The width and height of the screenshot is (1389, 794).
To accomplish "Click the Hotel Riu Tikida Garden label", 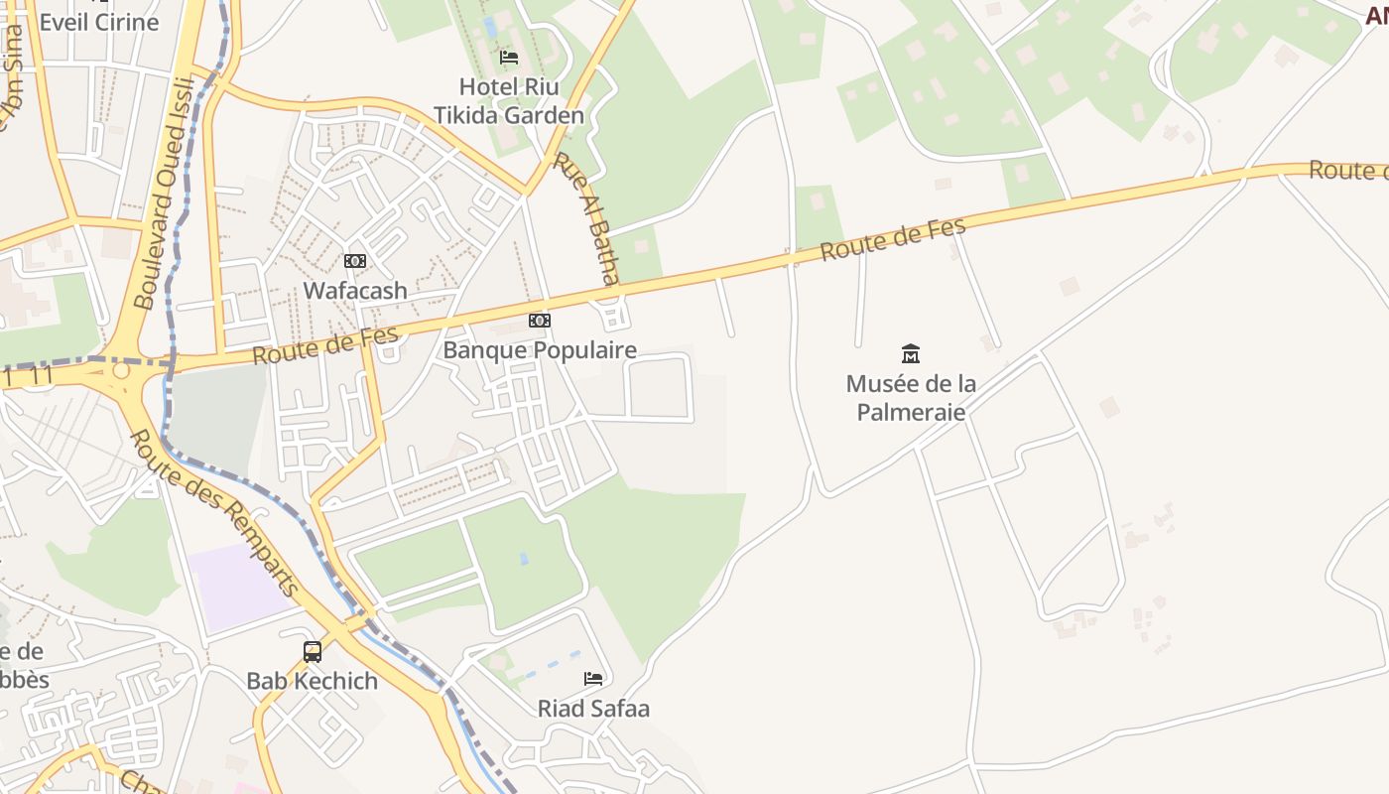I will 509,101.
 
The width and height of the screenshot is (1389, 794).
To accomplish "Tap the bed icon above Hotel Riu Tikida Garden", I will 509,57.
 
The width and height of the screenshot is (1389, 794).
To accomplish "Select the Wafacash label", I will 355,291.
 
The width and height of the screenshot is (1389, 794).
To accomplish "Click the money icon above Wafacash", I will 355,261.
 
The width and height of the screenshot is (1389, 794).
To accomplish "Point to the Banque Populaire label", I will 540,350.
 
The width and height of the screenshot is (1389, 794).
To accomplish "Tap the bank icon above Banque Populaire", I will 540,321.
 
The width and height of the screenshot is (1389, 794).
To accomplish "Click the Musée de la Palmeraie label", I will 911,397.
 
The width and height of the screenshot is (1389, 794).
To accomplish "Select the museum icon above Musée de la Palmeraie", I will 911,353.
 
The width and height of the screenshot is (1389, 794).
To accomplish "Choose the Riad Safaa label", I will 593,709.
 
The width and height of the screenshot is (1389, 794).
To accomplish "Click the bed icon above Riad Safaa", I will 593,679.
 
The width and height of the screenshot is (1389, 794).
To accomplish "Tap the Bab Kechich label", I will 313,681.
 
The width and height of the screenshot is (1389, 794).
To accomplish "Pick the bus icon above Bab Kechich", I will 313,652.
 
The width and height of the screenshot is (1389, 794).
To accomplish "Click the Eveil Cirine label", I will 99,22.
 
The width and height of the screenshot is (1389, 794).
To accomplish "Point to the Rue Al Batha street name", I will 586,218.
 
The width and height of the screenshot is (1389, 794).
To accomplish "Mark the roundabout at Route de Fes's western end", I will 121,370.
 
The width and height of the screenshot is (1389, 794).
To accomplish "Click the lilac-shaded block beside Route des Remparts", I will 238,586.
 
